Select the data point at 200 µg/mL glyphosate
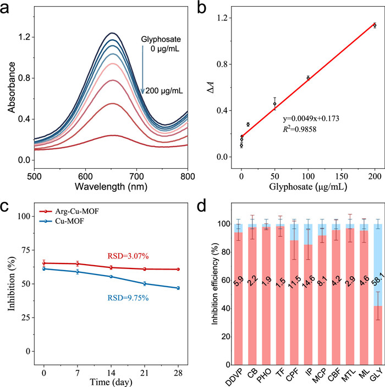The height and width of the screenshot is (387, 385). (375, 25)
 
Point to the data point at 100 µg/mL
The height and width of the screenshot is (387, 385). (308, 78)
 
